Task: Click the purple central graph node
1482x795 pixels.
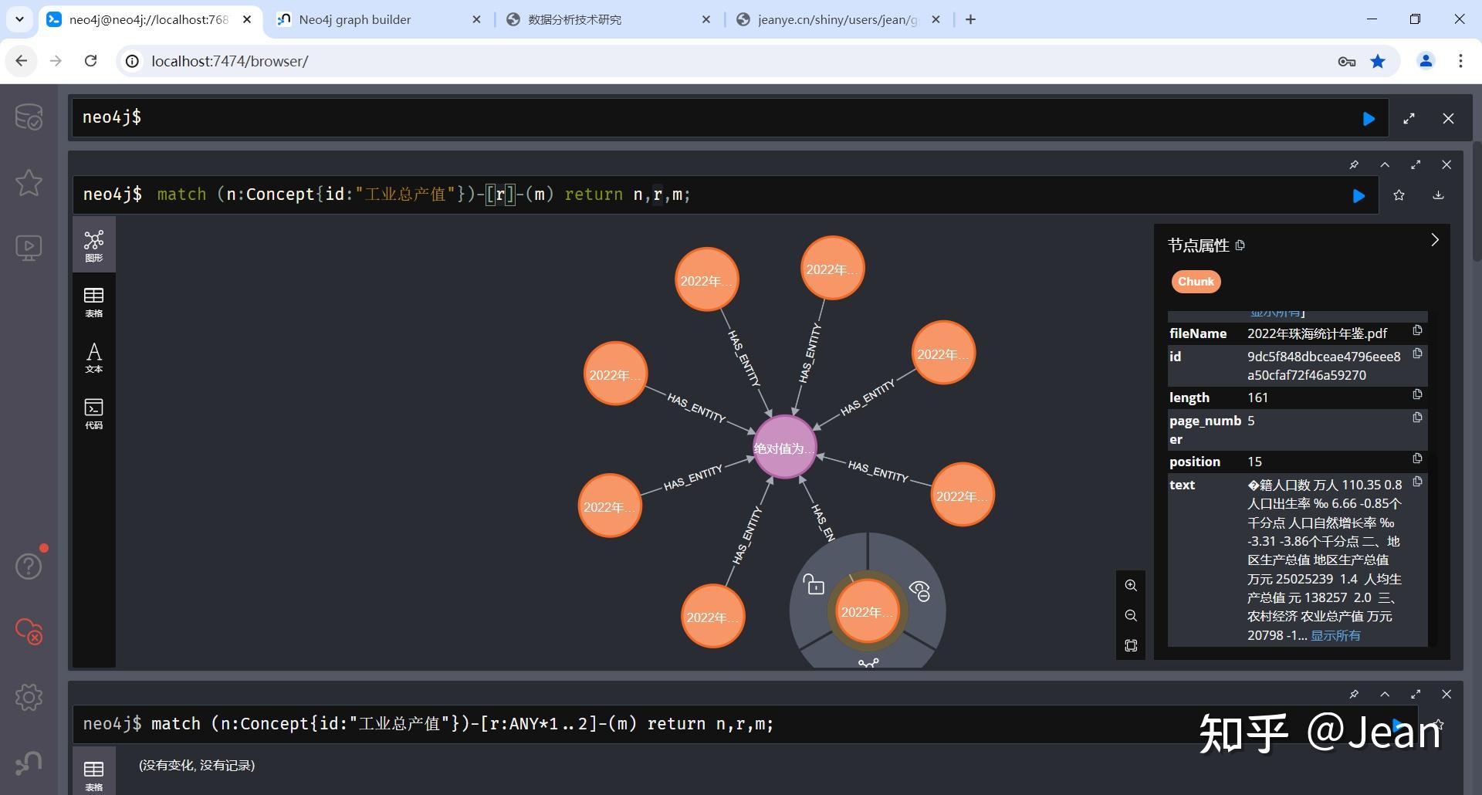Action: coord(783,448)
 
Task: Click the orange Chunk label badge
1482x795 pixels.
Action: coord(1196,282)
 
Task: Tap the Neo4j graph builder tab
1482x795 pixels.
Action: coord(355,20)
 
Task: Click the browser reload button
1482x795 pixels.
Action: coord(91,61)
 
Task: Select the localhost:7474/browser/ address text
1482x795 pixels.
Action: coord(230,62)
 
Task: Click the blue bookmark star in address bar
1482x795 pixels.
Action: coord(1378,62)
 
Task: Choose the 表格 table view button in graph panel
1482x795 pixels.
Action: coord(94,302)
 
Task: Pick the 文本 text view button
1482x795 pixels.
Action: coord(94,357)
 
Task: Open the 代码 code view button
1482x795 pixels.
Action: coord(94,413)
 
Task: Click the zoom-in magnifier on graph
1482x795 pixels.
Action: coord(1131,586)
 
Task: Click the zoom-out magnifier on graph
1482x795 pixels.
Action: coord(1131,615)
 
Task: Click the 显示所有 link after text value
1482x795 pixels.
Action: coord(1335,635)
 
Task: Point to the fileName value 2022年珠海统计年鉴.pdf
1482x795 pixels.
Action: coord(1317,333)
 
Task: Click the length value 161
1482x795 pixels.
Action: coord(1257,397)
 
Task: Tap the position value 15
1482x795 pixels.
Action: coord(1254,462)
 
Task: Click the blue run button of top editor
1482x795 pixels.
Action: coord(1369,119)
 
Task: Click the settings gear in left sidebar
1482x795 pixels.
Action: coord(29,697)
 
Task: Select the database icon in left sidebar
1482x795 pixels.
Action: coord(29,117)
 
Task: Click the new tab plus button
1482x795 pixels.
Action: coord(971,20)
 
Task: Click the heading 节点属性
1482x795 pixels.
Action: coord(1198,245)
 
